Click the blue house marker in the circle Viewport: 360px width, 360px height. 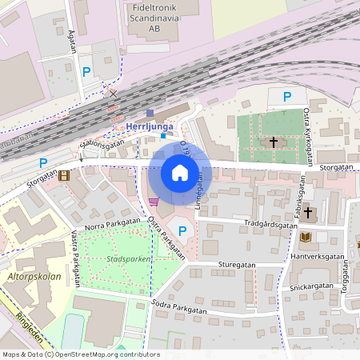click(x=179, y=173)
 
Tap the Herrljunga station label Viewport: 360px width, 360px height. click(x=150, y=126)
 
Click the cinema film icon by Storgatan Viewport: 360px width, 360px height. click(x=64, y=174)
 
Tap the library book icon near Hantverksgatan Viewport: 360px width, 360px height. click(x=307, y=237)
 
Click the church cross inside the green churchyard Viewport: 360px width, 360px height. click(x=274, y=142)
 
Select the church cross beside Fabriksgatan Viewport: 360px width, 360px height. click(x=308, y=212)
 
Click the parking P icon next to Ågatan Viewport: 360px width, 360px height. click(x=86, y=72)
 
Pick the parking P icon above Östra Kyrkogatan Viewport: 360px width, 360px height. click(x=287, y=97)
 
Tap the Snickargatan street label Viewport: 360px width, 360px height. click(x=311, y=286)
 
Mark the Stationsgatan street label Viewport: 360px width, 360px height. click(x=102, y=145)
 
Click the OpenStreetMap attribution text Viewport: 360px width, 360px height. click(x=80, y=354)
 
